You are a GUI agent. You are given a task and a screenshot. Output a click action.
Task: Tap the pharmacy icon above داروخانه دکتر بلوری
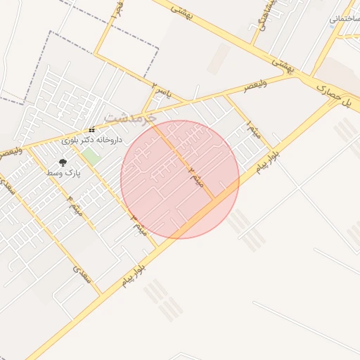click(x=91, y=131)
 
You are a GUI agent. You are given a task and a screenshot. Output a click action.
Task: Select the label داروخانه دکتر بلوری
click(x=92, y=140)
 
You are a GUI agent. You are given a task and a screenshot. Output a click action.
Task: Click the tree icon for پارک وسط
click(x=63, y=163)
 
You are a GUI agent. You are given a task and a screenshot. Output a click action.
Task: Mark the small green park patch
click(x=90, y=156)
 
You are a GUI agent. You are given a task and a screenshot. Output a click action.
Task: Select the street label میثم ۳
click(x=139, y=225)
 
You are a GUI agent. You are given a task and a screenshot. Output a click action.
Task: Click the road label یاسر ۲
click(x=161, y=90)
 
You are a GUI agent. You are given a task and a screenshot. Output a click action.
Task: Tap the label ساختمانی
click(x=345, y=20)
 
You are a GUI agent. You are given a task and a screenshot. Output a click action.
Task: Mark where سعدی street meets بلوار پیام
click(x=101, y=293)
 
